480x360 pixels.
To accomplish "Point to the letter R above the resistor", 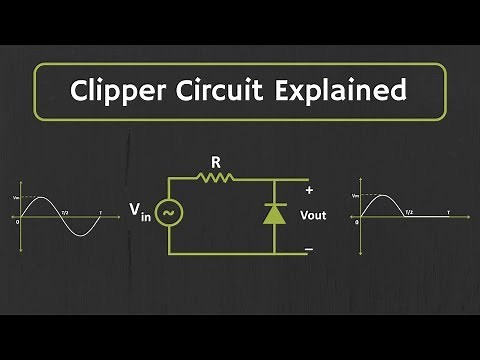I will point(216,160).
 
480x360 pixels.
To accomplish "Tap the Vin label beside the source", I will point(139,213).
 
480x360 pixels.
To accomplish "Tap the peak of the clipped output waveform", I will point(381,195).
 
